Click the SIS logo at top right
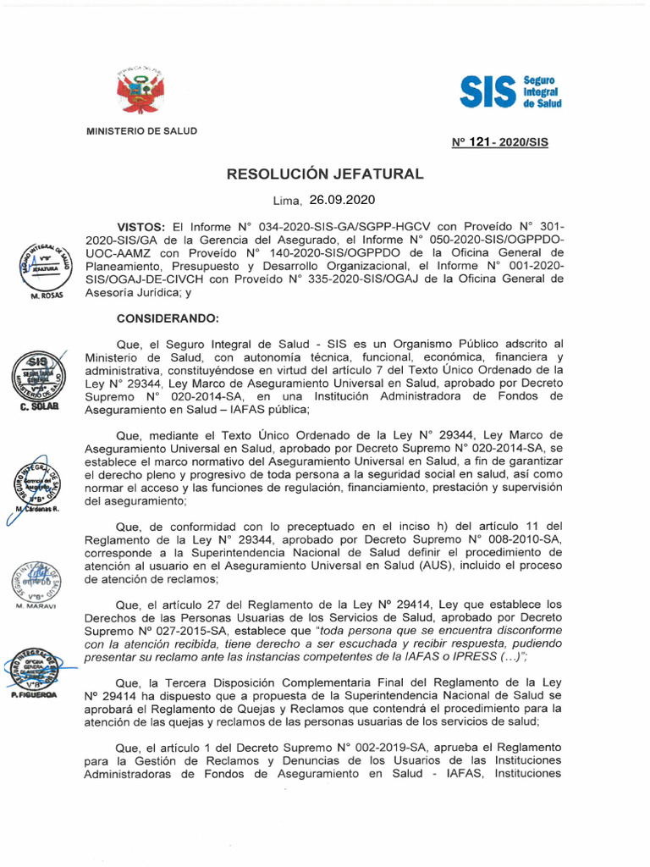click(x=510, y=91)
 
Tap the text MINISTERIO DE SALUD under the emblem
click(x=141, y=130)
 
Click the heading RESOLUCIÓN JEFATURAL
click(x=324, y=174)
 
